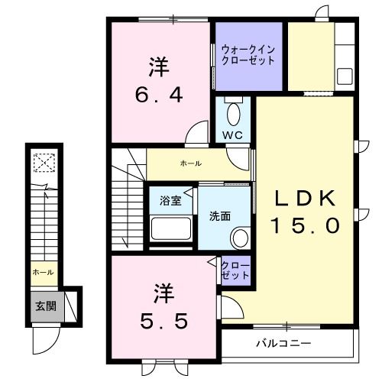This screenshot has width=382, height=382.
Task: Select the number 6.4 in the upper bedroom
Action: pyautogui.click(x=158, y=97)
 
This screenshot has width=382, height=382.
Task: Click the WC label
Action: pyautogui.click(x=232, y=135)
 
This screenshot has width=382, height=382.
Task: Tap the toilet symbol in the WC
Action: pyautogui.click(x=235, y=114)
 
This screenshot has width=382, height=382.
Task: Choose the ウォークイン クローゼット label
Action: pyautogui.click(x=248, y=53)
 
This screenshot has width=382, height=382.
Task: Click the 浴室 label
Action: pyautogui.click(x=170, y=201)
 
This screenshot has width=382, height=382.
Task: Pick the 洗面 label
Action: pyautogui.click(x=220, y=216)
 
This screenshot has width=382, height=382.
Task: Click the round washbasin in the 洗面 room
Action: pyautogui.click(x=240, y=237)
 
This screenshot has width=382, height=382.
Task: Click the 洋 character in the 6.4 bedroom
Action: pyautogui.click(x=158, y=66)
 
